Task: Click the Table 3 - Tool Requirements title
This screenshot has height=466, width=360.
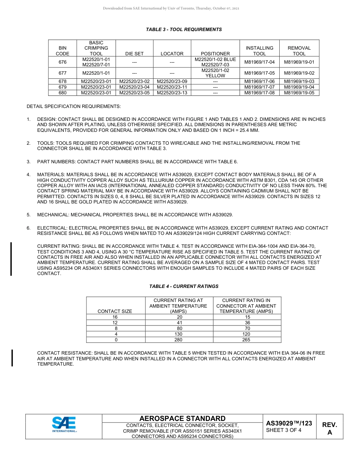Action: click(184, 30)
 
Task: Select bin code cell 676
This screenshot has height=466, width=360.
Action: click(63, 62)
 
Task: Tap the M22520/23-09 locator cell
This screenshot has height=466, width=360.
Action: click(172, 81)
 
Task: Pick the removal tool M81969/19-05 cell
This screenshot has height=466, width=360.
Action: click(299, 93)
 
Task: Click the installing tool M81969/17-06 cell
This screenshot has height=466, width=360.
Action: click(260, 81)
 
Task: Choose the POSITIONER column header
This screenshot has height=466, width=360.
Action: click(215, 54)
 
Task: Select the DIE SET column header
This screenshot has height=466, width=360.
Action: click(135, 54)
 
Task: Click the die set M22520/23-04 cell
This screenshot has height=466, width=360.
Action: click(135, 87)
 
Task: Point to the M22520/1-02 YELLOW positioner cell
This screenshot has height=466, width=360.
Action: click(215, 73)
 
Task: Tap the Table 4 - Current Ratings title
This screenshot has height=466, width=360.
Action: click(184, 286)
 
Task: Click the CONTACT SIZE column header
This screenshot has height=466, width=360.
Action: click(115, 311)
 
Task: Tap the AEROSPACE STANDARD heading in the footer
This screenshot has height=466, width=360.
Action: click(182, 419)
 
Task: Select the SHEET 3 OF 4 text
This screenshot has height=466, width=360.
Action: click(284, 430)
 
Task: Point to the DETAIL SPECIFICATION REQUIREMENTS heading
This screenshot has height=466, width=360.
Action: click(74, 106)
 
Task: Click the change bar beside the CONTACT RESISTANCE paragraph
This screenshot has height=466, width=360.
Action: click(13, 358)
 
